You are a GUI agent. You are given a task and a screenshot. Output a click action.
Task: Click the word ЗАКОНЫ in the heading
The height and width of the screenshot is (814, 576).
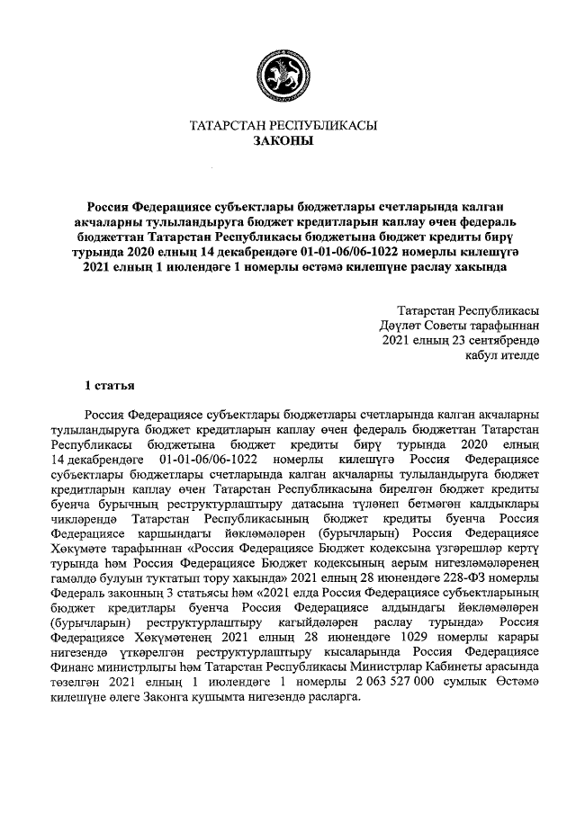[287, 142]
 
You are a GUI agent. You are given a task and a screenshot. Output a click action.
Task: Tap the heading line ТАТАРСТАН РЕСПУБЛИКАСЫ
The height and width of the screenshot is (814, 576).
[287, 126]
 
